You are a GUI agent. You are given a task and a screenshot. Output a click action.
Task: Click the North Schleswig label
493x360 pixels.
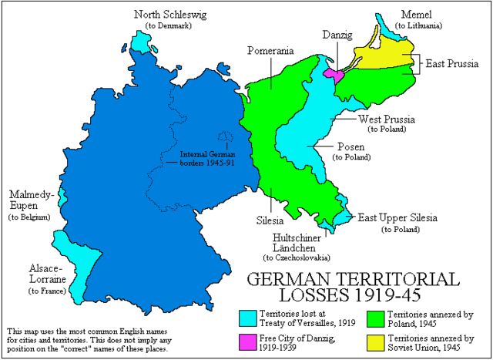[x=169, y=14]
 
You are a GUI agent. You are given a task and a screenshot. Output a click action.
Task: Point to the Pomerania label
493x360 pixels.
[x=270, y=51]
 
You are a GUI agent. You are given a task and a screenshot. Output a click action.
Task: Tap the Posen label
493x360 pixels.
[x=350, y=146]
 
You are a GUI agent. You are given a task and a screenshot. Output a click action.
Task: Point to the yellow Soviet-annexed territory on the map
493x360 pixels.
[x=385, y=56]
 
